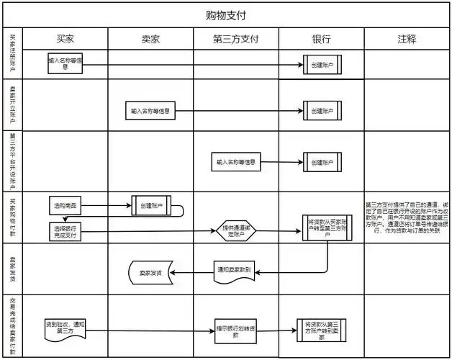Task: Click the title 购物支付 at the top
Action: pos(227,15)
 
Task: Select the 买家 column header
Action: pos(65,39)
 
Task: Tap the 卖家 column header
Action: pos(150,39)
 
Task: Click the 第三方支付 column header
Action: pos(235,39)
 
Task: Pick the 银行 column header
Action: pos(321,39)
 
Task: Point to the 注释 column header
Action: pos(407,39)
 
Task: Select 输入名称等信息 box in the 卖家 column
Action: pos(151,112)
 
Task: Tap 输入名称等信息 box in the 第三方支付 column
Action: pos(235,163)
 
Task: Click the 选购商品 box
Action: pos(68,206)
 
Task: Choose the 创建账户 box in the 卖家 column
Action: pos(151,206)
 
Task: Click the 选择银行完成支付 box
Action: pos(68,231)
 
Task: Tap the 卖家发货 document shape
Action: pos(150,272)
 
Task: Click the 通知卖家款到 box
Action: pos(235,271)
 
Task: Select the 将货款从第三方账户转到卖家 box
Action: pos(322,330)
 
